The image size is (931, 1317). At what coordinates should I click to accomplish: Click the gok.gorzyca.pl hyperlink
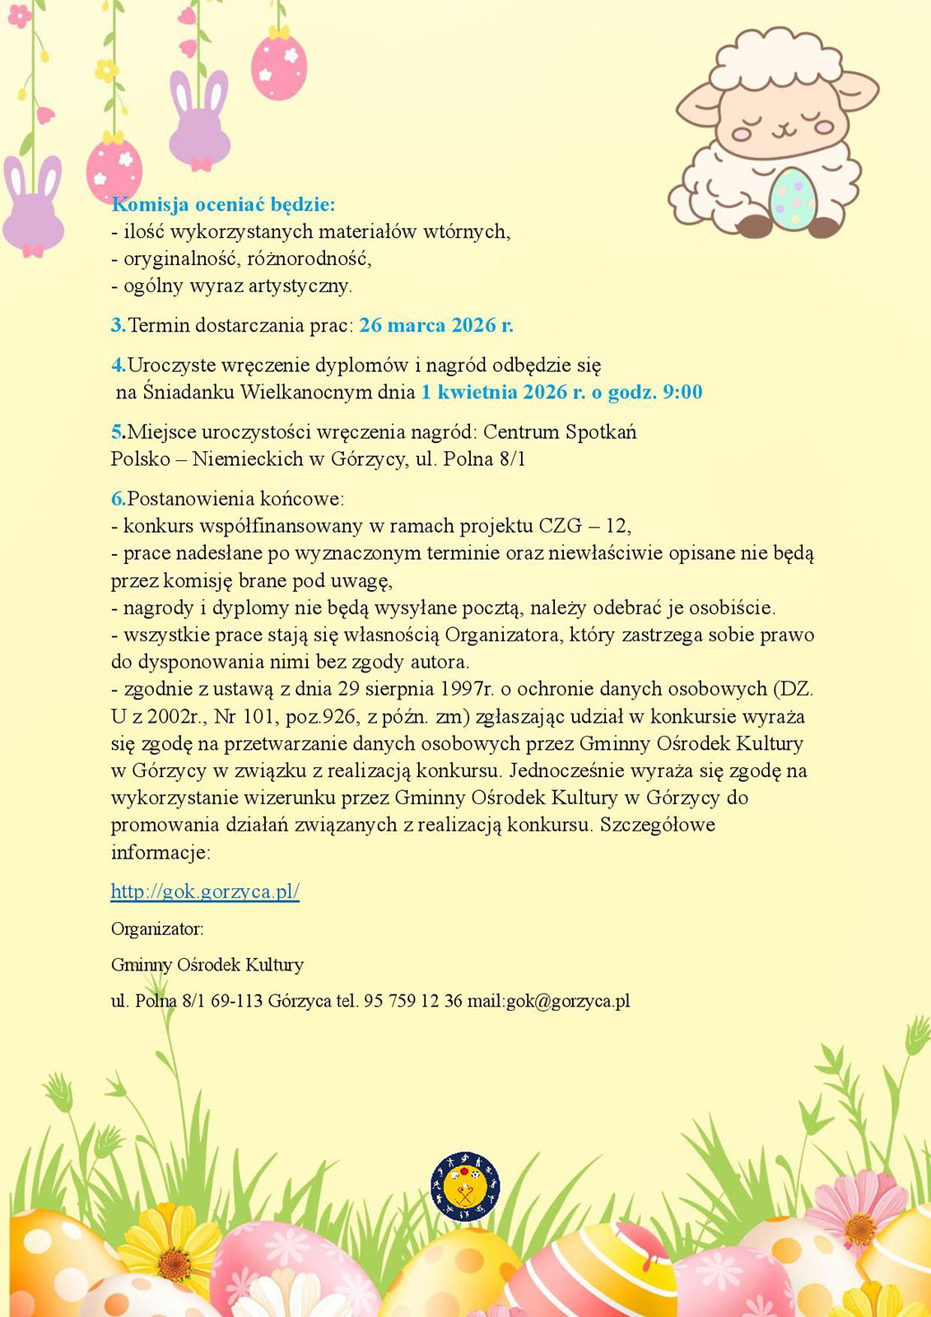tap(205, 891)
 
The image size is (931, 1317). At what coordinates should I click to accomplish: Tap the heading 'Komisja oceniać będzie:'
tap(223, 204)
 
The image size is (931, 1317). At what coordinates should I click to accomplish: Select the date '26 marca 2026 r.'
tap(436, 325)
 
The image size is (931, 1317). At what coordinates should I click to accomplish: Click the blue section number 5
tap(117, 432)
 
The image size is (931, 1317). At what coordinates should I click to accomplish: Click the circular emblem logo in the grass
tap(465, 1186)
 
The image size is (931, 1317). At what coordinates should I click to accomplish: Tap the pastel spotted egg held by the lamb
tap(793, 198)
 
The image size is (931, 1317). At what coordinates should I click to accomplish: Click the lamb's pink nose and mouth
tap(781, 129)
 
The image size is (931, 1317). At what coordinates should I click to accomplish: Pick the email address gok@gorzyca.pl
tap(568, 1002)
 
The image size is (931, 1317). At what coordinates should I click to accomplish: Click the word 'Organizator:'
tap(157, 929)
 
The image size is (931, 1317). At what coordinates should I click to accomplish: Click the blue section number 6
tap(118, 499)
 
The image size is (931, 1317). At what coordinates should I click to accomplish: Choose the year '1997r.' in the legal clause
tap(467, 689)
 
